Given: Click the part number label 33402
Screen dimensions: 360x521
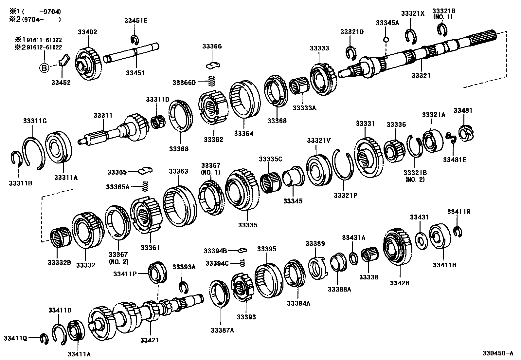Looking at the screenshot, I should click(87, 32).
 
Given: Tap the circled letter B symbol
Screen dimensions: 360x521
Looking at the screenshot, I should click(44, 68).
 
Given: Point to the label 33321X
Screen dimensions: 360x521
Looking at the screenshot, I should click(412, 13).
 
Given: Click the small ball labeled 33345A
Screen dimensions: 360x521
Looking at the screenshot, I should click(386, 40).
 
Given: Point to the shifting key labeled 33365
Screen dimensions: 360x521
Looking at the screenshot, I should click(146, 171).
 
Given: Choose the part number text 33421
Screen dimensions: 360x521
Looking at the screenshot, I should click(150, 340).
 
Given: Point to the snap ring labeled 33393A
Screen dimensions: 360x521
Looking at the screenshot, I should click(184, 287).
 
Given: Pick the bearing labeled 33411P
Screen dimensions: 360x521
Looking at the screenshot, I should click(157, 272).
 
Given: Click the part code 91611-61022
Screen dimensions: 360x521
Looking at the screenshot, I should click(44, 40).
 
